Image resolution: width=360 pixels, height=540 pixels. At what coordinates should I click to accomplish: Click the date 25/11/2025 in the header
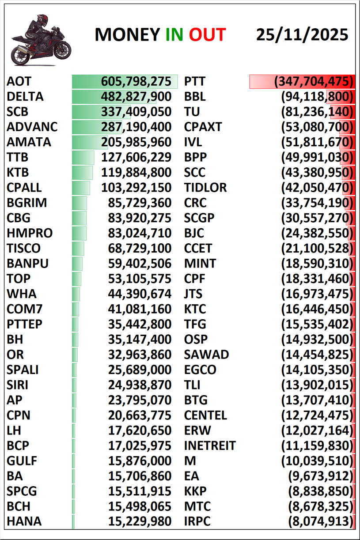(302, 34)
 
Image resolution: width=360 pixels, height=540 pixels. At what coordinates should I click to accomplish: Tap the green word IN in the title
(174, 34)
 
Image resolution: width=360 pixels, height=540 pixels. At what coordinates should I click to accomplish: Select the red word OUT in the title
(208, 34)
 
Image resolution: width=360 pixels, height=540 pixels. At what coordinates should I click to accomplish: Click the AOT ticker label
(19, 82)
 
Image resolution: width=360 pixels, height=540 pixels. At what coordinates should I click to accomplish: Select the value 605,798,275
(136, 82)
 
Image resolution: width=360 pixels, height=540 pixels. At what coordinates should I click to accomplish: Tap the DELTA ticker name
(25, 97)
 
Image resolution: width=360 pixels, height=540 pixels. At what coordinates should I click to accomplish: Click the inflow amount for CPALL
(136, 188)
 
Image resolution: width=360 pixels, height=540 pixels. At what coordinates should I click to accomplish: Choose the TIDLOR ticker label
(205, 188)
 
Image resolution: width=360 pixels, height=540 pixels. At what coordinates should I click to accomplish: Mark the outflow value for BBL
(318, 97)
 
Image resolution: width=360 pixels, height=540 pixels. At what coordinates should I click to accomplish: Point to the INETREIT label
(210, 446)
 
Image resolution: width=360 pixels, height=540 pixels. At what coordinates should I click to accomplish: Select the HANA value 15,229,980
(140, 521)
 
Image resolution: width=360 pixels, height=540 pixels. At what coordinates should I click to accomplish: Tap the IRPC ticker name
(197, 521)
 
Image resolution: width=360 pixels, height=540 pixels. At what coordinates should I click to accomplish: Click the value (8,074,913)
(321, 521)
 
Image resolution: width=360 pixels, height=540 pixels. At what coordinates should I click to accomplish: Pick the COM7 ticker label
(25, 309)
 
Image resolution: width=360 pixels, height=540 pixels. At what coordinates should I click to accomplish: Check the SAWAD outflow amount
(318, 355)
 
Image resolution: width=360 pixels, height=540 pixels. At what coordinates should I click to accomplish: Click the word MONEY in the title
(128, 34)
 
